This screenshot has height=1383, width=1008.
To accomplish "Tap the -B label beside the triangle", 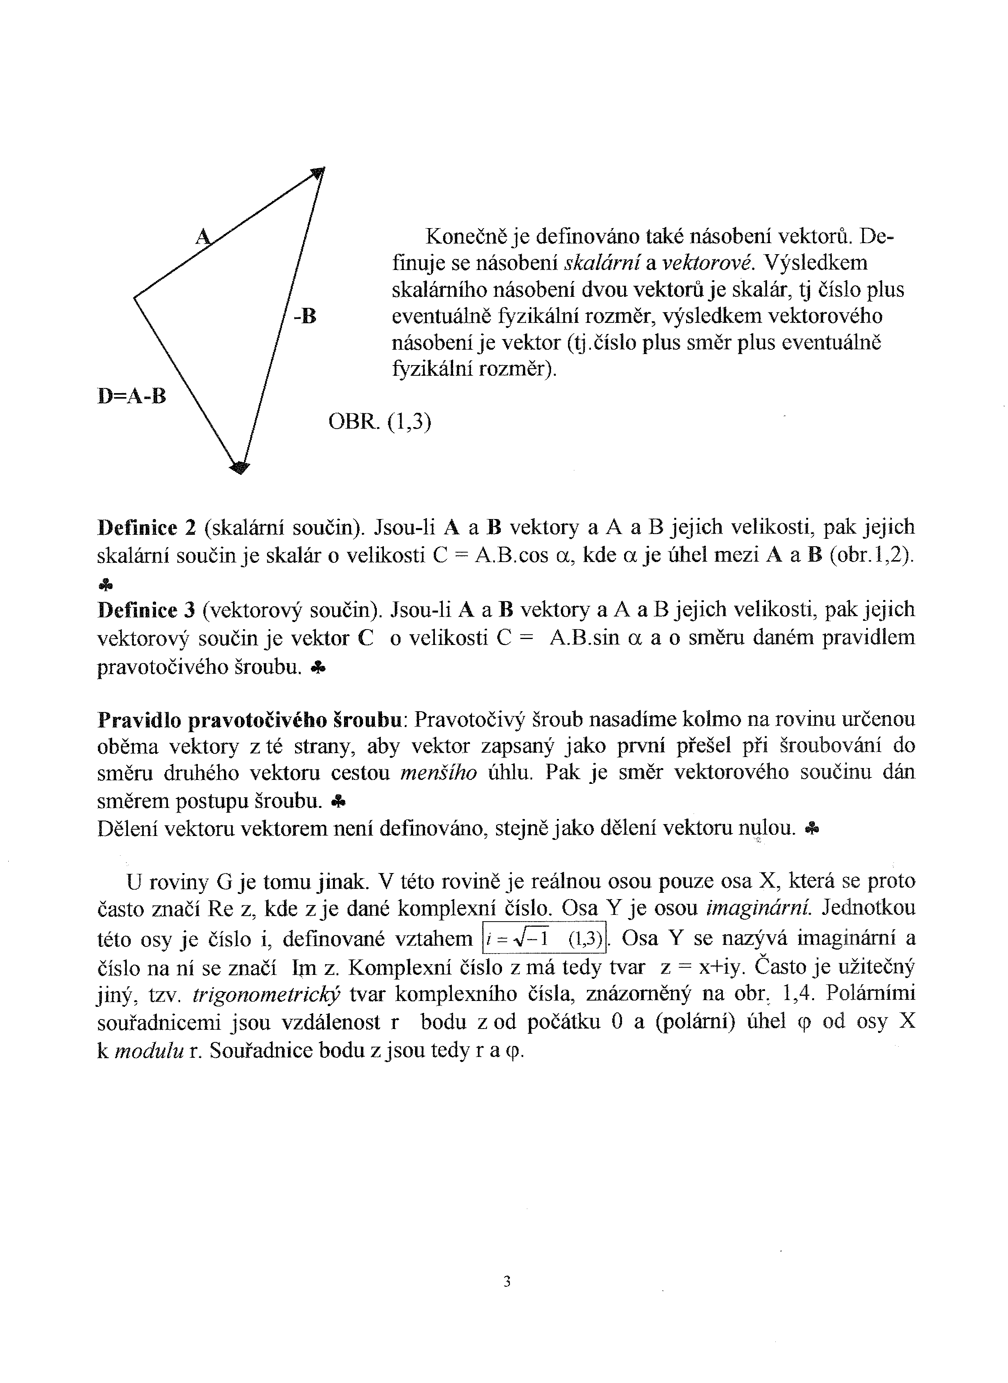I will [x=305, y=316].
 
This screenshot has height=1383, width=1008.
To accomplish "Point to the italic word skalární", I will [x=602, y=263].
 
